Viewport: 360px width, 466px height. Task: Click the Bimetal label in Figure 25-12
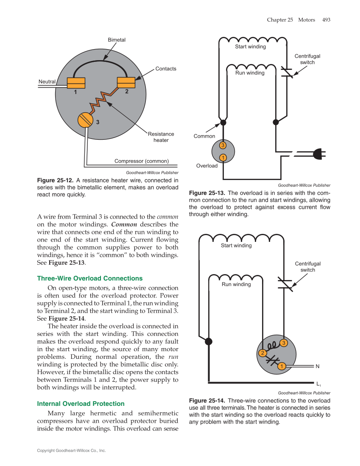pyautogui.click(x=117, y=40)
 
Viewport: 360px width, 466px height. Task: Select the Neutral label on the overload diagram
pyautogui.click(x=47, y=81)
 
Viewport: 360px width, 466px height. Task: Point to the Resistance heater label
pyautogui.click(x=161, y=137)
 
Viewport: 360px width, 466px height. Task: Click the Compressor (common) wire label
pyautogui.click(x=142, y=161)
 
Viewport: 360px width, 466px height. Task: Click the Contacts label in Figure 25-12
pyautogui.click(x=166, y=69)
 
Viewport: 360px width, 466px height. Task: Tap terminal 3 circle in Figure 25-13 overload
pyautogui.click(x=223, y=145)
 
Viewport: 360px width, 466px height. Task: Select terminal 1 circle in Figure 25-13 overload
pyautogui.click(x=223, y=158)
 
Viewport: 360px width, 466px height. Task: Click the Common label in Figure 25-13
pyautogui.click(x=204, y=136)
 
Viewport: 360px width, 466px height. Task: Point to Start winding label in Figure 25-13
pyautogui.click(x=251, y=47)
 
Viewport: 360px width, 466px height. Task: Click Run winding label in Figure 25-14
pyautogui.click(x=236, y=284)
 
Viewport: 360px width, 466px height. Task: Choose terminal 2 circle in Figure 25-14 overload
pyautogui.click(x=262, y=353)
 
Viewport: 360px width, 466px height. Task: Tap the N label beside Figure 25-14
pyautogui.click(x=317, y=366)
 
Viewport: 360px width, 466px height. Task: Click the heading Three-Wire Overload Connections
pyautogui.click(x=90, y=278)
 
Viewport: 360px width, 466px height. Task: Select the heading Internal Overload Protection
pyautogui.click(x=81, y=404)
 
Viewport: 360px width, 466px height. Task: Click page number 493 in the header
pyautogui.click(x=326, y=19)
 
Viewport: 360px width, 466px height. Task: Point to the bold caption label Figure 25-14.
pyautogui.click(x=207, y=401)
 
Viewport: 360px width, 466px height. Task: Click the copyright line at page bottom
pyautogui.click(x=71, y=450)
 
